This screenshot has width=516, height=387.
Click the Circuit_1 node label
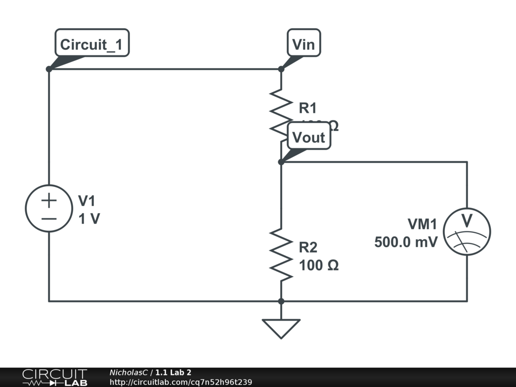coord(91,45)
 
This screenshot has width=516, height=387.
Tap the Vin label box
coord(304,45)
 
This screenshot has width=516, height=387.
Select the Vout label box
coord(309,138)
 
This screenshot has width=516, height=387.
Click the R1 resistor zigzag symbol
coord(281,112)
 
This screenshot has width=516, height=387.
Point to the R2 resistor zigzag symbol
coord(281,254)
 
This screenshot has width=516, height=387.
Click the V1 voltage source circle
coord(49,209)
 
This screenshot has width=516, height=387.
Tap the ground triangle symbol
coord(281,328)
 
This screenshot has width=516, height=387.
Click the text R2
coord(308,247)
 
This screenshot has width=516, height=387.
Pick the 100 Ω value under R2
coord(318,265)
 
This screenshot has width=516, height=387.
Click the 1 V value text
coord(89,219)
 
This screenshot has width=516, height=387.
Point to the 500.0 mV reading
coord(406,242)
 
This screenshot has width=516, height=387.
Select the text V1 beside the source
coord(87,201)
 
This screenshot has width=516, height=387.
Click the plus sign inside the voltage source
coord(49,201)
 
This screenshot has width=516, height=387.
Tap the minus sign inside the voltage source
coord(49,218)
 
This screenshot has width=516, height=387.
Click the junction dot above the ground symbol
coord(281,301)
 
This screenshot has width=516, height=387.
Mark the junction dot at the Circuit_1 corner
coord(49,69)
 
